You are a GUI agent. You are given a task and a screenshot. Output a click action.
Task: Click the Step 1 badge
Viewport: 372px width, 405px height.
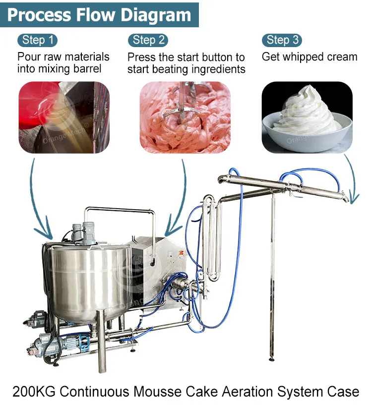37,40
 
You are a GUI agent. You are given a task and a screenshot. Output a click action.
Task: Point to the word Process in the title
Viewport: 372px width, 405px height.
39,14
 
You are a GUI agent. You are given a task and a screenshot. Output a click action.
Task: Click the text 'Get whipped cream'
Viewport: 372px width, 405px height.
310,57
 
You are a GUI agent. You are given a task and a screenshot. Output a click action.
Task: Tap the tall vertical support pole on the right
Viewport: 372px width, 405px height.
272,278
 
